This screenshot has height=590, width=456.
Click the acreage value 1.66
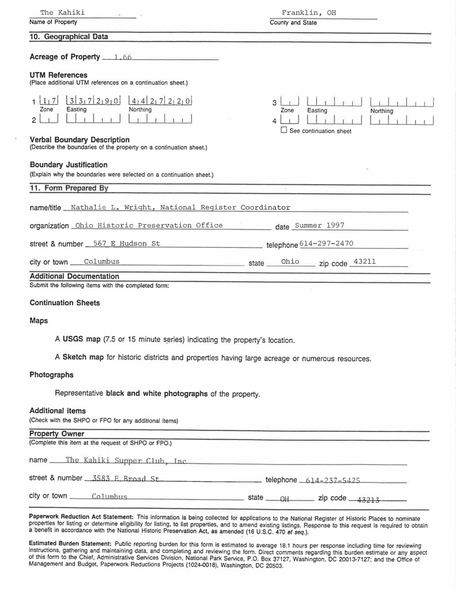[123, 57]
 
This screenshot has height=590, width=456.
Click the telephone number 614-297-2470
[326, 243]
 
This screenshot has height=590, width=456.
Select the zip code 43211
[364, 262]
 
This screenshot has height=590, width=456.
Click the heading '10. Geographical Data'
[69, 37]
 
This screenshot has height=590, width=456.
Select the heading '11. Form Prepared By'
[69, 188]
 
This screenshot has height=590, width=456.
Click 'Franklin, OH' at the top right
[308, 13]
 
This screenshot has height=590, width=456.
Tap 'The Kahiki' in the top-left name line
[62, 13]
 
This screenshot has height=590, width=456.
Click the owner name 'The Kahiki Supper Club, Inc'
[126, 460]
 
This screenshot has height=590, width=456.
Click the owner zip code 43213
[369, 499]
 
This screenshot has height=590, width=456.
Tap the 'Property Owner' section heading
[56, 433]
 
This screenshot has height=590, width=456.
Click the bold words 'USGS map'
[82, 339]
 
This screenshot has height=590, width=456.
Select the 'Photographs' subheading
[51, 375]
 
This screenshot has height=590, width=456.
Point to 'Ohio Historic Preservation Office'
[149, 225]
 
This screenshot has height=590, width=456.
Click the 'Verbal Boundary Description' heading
[80, 139]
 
